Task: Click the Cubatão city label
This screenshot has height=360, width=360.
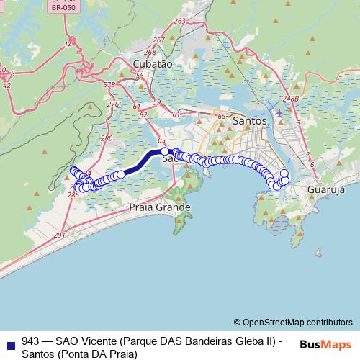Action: click(153, 64)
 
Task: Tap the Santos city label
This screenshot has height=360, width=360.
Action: click(250, 122)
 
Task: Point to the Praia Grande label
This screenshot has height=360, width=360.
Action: click(159, 207)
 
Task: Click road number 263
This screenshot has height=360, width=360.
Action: click(179, 22)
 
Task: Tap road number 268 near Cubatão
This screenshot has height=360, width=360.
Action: click(150, 53)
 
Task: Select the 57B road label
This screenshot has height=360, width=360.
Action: click(109, 85)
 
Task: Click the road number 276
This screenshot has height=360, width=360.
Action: click(112, 105)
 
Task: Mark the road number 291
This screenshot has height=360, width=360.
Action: click(59, 235)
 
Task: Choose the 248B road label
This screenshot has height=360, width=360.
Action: click(291, 99)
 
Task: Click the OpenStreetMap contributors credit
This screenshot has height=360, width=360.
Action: click(293, 323)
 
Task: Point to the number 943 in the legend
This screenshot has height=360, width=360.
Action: click(31, 341)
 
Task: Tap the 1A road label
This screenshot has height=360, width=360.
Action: click(69, 45)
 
